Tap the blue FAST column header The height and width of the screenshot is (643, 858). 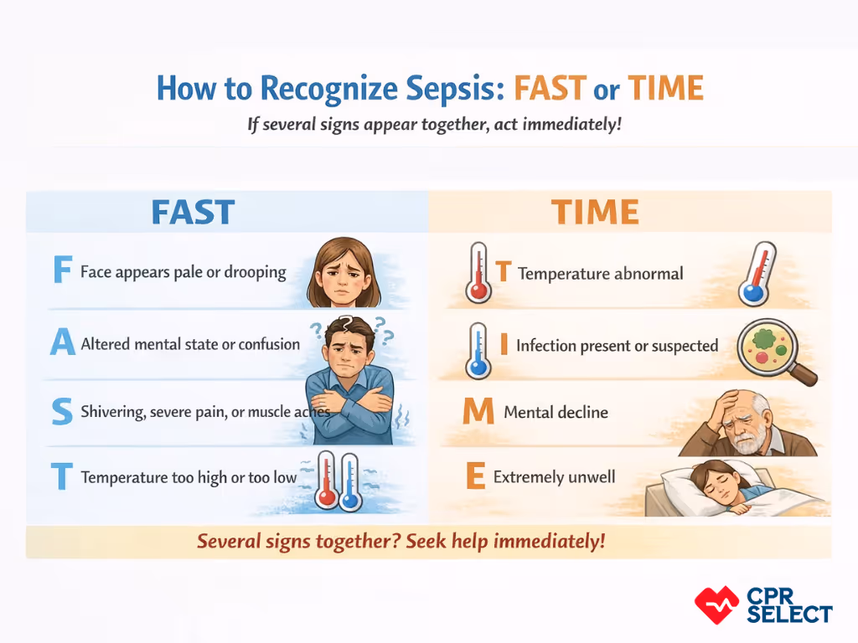point(193,212)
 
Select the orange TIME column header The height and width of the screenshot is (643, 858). point(595,212)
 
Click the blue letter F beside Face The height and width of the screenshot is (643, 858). point(61,271)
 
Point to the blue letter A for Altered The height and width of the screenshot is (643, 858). point(63,344)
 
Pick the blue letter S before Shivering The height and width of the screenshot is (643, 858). point(61,412)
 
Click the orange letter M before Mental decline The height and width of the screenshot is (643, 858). point(478,412)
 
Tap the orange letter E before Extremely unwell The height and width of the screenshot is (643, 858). point(475,477)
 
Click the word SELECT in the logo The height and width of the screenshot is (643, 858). point(789,614)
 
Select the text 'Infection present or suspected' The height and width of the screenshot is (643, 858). point(617,345)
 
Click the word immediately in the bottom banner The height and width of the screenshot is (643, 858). point(549,541)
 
